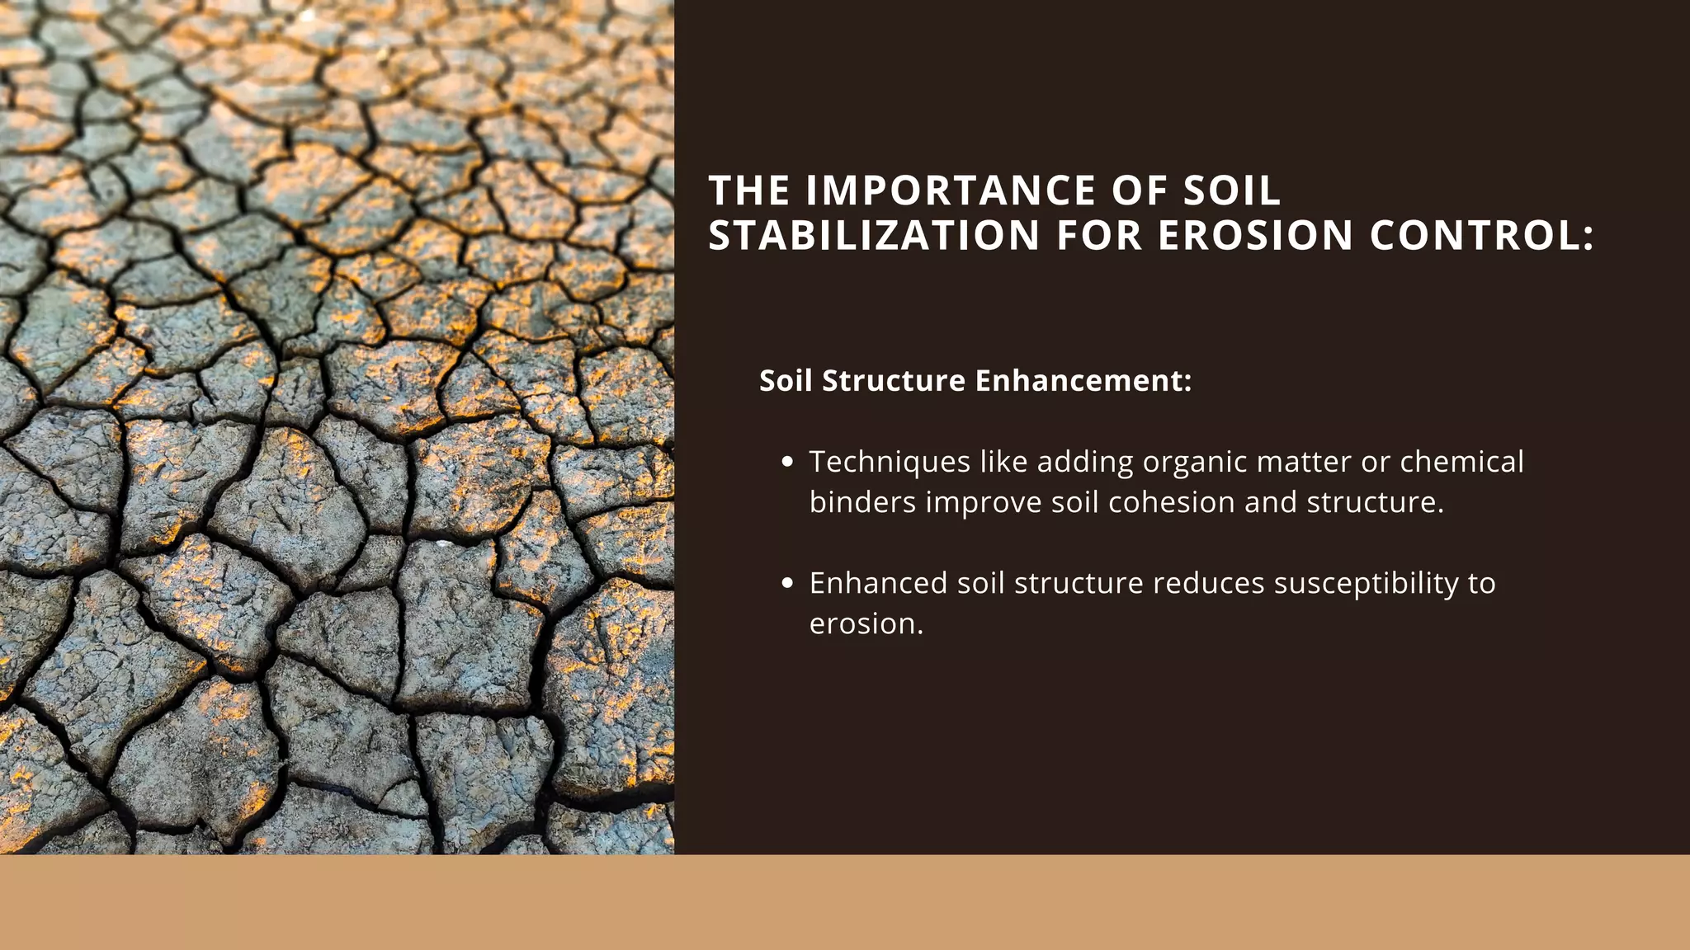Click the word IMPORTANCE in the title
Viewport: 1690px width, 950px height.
pos(951,191)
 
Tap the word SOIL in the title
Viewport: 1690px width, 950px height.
pos(1232,191)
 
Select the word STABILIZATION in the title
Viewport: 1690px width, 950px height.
pos(874,236)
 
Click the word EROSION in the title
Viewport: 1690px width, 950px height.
pos(1255,236)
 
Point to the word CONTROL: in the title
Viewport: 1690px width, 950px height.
pos(1482,236)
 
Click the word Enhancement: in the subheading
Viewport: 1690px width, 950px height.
pos(1083,381)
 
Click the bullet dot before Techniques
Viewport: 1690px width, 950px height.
pos(787,463)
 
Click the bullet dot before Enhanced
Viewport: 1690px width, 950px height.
pos(787,584)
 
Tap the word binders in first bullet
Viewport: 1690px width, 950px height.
pos(862,503)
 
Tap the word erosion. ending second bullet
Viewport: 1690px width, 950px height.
pos(866,624)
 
